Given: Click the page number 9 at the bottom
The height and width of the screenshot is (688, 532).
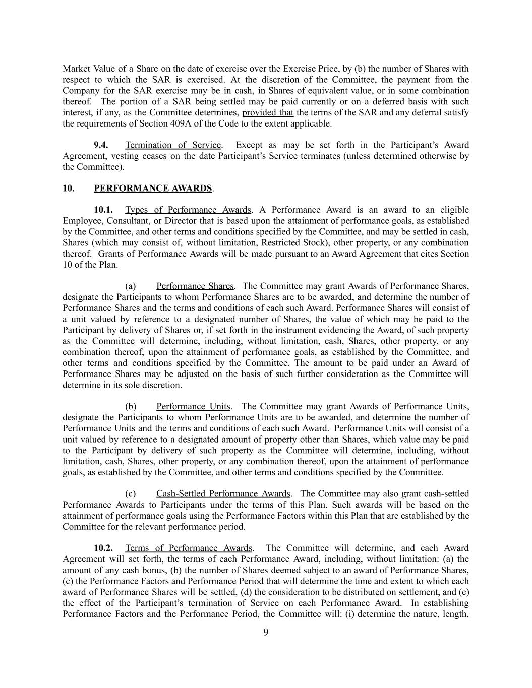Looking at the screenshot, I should point(266,633).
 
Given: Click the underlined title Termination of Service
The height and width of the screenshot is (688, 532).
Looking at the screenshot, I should point(173,145).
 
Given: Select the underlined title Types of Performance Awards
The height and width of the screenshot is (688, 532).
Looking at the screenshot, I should point(188,210).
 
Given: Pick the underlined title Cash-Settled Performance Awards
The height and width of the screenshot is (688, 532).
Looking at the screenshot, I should point(223,493).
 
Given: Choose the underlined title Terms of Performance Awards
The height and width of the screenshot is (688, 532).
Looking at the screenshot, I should point(188,548).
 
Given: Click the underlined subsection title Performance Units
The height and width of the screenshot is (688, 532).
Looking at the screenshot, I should point(193,406).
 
